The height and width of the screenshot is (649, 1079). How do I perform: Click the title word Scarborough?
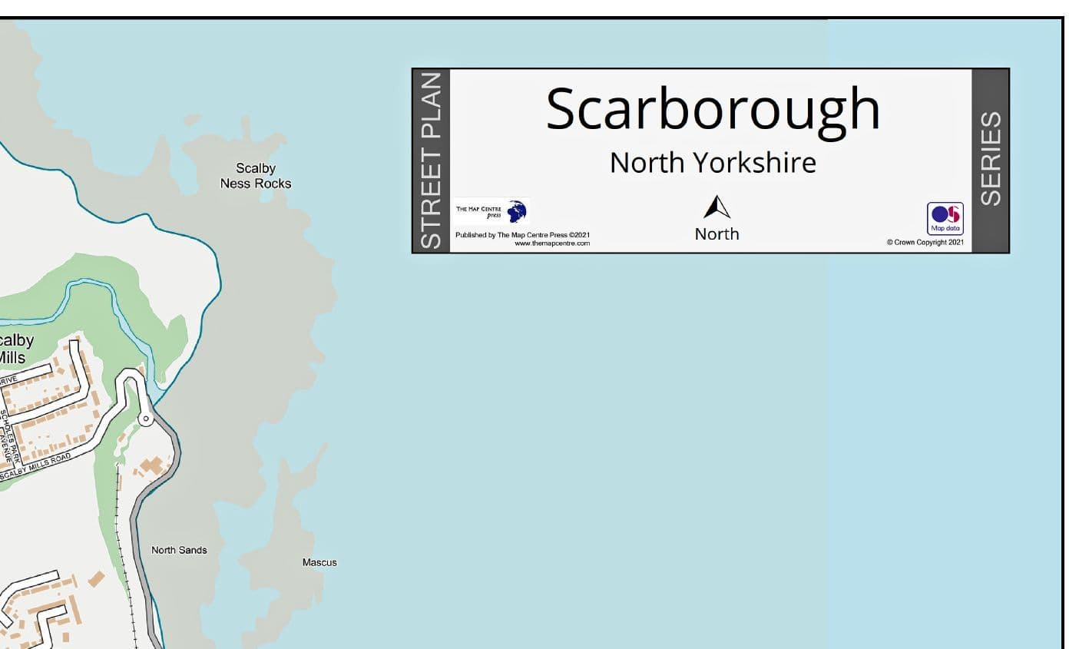pyautogui.click(x=712, y=108)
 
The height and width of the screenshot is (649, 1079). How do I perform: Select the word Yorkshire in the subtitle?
pyautogui.click(x=754, y=163)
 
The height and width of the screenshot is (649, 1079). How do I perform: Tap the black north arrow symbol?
pyautogui.click(x=717, y=207)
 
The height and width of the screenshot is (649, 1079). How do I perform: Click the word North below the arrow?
pyautogui.click(x=717, y=233)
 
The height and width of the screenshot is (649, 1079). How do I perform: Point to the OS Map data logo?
pyautogui.click(x=945, y=218)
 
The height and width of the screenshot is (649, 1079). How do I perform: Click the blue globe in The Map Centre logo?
pyautogui.click(x=518, y=211)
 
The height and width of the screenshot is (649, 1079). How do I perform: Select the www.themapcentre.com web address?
pyautogui.click(x=551, y=243)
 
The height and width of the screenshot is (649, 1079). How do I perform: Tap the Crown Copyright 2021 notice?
pyautogui.click(x=925, y=243)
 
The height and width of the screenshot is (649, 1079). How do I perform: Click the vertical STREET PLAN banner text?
pyautogui.click(x=432, y=161)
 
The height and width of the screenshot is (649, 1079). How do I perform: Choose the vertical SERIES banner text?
pyautogui.click(x=991, y=158)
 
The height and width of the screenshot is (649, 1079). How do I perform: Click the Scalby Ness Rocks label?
pyautogui.click(x=256, y=176)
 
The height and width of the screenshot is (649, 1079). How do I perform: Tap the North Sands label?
pyautogui.click(x=179, y=550)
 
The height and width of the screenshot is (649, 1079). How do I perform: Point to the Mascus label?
pyautogui.click(x=319, y=562)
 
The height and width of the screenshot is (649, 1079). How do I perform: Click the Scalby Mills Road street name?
pyautogui.click(x=36, y=466)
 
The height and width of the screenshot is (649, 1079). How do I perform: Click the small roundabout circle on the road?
pyautogui.click(x=145, y=419)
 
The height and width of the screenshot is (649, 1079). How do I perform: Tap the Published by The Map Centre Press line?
pyautogui.click(x=522, y=235)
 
